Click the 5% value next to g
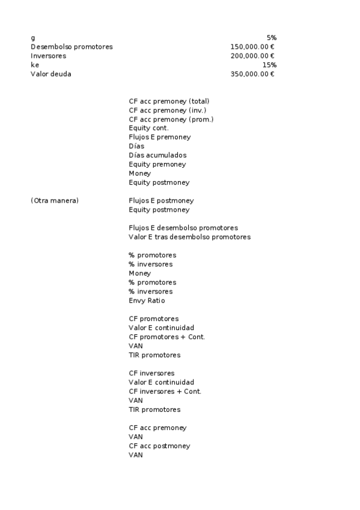(271, 38)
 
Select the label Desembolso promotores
(72, 47)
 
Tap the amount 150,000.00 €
(252, 47)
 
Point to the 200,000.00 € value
(252, 56)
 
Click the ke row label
(34, 65)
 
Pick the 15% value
(269, 65)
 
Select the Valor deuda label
(51, 74)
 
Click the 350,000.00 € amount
(252, 74)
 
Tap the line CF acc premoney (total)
(169, 101)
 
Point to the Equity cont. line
(148, 128)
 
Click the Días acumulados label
(157, 155)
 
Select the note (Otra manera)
(55, 200)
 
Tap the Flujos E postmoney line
(161, 200)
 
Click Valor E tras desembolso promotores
(189, 237)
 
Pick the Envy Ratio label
(147, 301)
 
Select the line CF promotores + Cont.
(166, 337)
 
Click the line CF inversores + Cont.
(165, 392)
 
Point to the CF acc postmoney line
(159, 446)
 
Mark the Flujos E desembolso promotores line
(183, 228)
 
